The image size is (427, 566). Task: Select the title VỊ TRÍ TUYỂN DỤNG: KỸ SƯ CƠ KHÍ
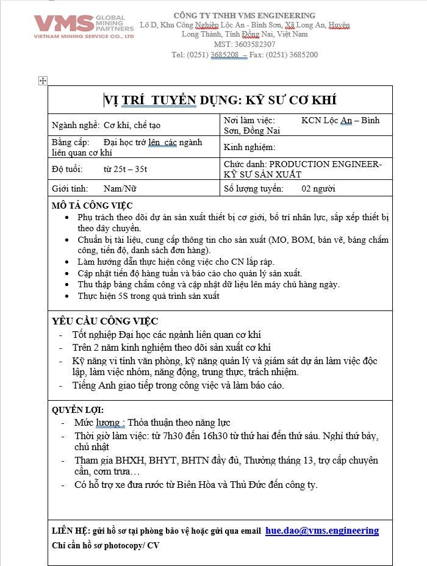point(220,100)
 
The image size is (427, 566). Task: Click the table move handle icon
point(43,81)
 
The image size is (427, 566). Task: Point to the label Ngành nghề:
point(76,125)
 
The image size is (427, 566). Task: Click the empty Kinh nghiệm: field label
point(250,147)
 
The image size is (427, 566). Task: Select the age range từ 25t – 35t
point(126,169)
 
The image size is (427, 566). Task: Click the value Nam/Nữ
point(120,189)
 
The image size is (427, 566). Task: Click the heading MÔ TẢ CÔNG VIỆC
point(92,206)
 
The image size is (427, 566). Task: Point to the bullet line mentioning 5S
point(148,296)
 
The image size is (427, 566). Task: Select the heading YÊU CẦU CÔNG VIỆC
point(105,321)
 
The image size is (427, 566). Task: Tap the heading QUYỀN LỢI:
point(77,410)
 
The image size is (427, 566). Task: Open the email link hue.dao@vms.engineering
point(322,531)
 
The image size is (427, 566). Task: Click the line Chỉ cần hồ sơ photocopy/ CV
point(106,545)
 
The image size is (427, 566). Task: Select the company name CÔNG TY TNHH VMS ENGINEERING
point(245,15)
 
